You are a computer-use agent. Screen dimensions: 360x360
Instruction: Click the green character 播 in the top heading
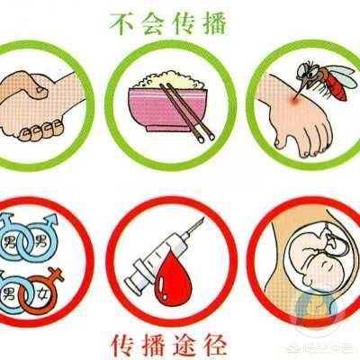pyautogui.click(x=211, y=23)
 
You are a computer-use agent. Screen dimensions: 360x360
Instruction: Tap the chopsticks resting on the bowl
pyautogui.click(x=187, y=112)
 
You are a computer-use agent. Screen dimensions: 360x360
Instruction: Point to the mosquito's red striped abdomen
pyautogui.click(x=335, y=83)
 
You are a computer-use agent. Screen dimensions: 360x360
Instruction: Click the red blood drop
pyautogui.click(x=169, y=278)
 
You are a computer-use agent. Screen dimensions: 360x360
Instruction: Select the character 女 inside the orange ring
pyautogui.click(x=40, y=292)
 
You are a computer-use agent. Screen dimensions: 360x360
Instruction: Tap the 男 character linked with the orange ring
pyautogui.click(x=9, y=292)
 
